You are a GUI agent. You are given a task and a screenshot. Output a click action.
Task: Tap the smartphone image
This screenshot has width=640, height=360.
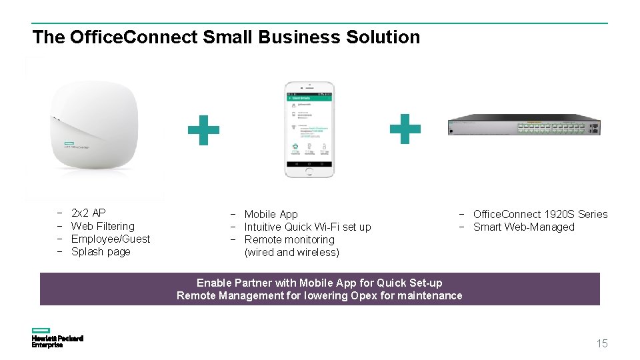coord(309,129)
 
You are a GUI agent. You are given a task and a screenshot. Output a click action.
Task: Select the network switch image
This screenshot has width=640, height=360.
coord(525,125)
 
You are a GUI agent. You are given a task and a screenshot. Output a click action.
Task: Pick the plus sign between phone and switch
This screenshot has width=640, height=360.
coord(405,129)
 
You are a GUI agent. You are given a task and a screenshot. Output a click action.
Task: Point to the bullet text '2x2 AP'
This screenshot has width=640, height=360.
coord(88,213)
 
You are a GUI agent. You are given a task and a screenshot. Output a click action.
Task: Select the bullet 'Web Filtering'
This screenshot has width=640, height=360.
coord(103,226)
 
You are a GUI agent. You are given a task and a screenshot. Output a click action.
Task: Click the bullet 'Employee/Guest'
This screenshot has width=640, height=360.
coord(111,239)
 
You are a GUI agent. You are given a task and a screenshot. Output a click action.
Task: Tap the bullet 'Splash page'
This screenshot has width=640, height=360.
coord(101,251)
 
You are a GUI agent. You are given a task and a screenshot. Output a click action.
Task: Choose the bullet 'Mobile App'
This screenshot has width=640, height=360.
coord(271,214)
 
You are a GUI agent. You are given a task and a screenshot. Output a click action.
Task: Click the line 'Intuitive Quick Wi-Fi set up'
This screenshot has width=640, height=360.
coord(307,227)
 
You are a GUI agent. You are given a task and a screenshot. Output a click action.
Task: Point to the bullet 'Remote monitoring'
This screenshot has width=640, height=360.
coord(289,239)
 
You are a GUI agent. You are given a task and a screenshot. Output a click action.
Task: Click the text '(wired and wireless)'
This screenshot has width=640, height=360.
coord(292,252)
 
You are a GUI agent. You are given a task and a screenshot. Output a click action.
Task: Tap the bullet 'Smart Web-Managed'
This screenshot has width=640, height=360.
coord(523,227)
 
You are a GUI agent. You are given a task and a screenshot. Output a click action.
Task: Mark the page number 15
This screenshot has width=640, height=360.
coord(602,343)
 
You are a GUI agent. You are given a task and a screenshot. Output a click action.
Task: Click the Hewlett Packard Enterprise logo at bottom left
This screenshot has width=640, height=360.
coord(57,338)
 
